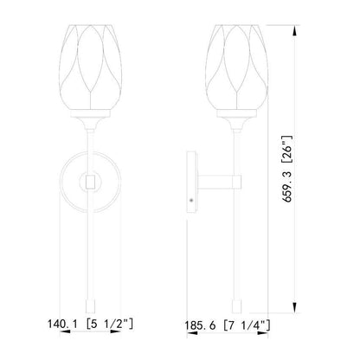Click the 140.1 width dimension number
62,324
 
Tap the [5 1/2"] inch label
110,324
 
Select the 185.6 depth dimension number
200,325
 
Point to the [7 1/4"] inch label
247,325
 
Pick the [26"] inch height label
287,149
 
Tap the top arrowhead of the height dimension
294,31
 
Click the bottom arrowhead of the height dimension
294,307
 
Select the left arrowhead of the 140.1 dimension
65,331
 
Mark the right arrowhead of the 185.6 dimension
262,333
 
